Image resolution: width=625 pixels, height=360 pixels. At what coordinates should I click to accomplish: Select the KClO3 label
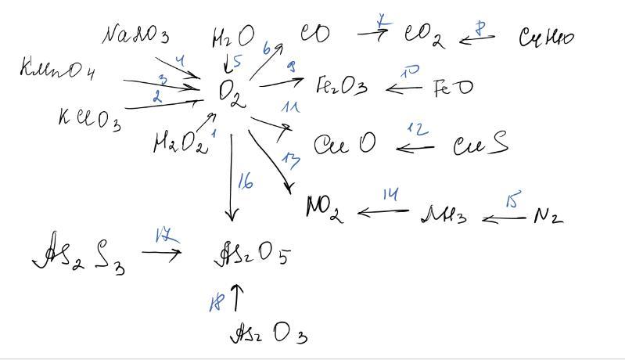tap(88, 119)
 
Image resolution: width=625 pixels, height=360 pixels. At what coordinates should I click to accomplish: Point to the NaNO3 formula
tap(136, 35)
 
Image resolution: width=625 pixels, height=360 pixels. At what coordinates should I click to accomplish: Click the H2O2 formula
tap(179, 143)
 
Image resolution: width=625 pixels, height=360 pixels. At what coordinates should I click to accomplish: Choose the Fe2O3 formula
tap(341, 85)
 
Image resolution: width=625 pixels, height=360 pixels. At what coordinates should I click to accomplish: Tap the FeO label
tap(453, 87)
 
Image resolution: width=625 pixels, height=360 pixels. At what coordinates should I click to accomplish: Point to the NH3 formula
tap(444, 214)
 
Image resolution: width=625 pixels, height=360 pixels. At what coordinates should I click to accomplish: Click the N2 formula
tap(548, 215)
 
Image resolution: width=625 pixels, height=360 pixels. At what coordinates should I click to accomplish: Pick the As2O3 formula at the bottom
tap(267, 334)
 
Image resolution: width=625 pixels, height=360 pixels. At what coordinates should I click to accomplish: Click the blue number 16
tap(245, 182)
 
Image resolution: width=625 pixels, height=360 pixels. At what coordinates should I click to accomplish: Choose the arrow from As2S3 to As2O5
tap(161, 252)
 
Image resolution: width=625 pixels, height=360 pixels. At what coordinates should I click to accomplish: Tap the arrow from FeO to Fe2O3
tap(404, 88)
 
